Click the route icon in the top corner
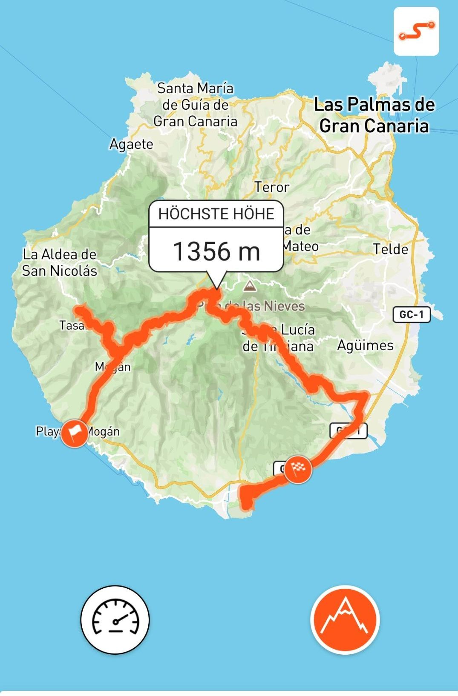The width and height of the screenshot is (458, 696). (x=416, y=31)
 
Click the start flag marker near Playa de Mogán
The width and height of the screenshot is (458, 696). (x=74, y=433)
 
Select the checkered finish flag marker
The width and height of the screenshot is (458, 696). (x=298, y=469)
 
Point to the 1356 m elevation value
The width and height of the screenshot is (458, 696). (x=216, y=251)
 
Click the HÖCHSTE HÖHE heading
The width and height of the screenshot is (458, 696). (x=216, y=214)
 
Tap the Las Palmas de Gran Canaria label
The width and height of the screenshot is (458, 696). (x=374, y=115)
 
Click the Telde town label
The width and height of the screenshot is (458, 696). (x=390, y=249)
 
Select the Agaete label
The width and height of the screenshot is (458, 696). (x=131, y=144)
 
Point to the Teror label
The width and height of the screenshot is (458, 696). (x=272, y=187)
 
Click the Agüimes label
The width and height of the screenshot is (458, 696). (x=365, y=345)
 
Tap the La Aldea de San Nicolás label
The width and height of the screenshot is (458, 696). (x=60, y=262)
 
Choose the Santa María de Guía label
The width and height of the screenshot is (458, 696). (x=195, y=105)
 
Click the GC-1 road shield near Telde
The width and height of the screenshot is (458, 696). (x=412, y=315)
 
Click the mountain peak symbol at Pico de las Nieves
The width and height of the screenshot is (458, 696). (x=248, y=285)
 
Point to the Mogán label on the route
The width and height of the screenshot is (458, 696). (x=113, y=367)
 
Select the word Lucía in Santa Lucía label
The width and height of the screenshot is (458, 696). (x=298, y=330)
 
